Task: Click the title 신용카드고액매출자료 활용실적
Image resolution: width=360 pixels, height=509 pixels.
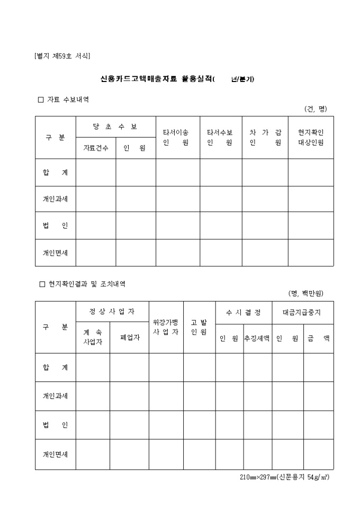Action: coord(158,79)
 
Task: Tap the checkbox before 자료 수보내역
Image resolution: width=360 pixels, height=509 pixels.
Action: coord(41,99)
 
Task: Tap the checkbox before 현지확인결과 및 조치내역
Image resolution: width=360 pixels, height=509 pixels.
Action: coord(42,284)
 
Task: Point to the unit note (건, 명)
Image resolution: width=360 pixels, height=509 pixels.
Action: coord(316,109)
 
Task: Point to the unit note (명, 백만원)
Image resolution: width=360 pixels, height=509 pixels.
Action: coord(306,293)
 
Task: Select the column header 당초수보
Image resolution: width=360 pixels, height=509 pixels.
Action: coord(115,127)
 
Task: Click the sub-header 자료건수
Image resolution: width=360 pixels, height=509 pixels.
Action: coord(96,148)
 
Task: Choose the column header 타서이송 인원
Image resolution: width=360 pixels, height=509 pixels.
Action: coord(177,138)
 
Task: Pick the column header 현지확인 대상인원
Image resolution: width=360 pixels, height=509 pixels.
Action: coord(311,138)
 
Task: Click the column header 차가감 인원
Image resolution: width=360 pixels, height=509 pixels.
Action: coord(265,138)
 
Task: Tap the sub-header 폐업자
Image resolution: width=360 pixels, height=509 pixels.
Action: coord(129,338)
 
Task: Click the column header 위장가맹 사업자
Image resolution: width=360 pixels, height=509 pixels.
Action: coord(166,327)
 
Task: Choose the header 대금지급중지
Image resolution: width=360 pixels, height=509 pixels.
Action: coord(302,312)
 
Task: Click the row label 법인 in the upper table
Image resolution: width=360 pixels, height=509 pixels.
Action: coord(55,226)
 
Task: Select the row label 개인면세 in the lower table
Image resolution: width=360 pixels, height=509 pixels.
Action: coord(55,455)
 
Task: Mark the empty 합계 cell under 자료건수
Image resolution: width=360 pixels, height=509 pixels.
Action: coord(96,172)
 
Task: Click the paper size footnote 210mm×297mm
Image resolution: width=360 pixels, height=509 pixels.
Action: coord(284,477)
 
